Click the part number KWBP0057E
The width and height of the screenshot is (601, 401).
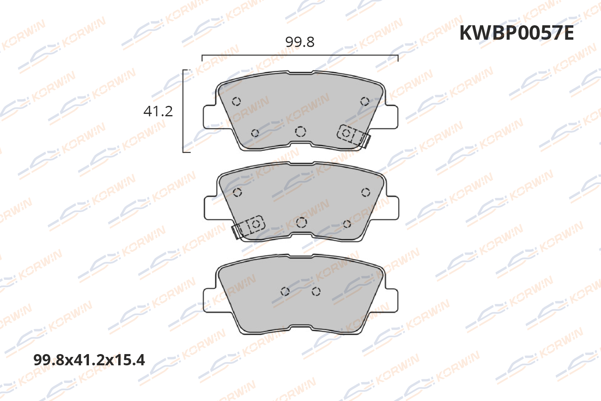tap(516, 33)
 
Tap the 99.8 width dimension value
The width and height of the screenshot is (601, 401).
tap(300, 42)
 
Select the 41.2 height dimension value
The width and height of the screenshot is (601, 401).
tap(158, 111)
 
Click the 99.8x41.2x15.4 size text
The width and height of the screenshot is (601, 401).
tap(89, 360)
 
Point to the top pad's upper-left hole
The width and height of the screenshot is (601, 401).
tap(236, 101)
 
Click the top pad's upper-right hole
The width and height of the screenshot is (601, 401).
tap(365, 101)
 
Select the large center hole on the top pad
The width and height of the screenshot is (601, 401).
tap(300, 132)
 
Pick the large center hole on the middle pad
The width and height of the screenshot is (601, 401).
tap(301, 222)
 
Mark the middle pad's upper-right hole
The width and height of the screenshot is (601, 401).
tap(365, 192)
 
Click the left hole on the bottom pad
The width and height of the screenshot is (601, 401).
tap(285, 292)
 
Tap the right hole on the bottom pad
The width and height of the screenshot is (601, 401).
tap(316, 292)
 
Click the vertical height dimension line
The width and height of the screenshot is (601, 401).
tap(184, 111)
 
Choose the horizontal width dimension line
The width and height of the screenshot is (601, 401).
tap(300, 56)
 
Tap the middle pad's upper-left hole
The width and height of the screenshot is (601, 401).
tap(237, 192)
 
